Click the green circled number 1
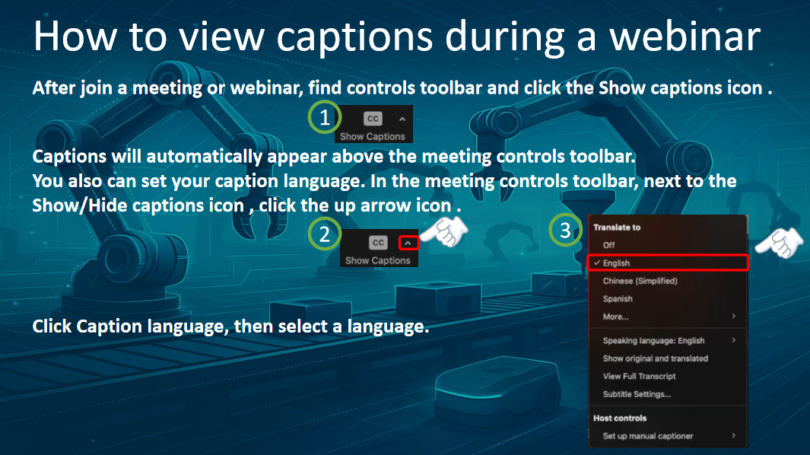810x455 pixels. point(325,117)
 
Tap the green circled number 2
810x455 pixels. point(325,234)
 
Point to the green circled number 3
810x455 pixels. point(565,230)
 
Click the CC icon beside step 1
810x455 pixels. point(373,119)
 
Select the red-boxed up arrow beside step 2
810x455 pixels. point(408,243)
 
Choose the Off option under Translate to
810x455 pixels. point(608,245)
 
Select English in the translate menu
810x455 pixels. point(616,262)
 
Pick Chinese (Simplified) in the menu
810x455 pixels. point(640,281)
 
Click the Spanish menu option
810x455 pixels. point(618,299)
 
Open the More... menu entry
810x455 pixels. point(616,317)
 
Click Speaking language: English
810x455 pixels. point(653,340)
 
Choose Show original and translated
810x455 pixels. point(656,358)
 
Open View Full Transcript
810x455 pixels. point(639,377)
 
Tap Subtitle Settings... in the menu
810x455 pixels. point(637,394)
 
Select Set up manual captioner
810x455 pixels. point(648,436)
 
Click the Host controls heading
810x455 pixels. point(620,418)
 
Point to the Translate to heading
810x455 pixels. point(617,227)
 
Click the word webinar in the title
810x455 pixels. point(685,37)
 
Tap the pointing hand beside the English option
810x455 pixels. point(779,243)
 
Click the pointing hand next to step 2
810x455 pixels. point(443,231)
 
